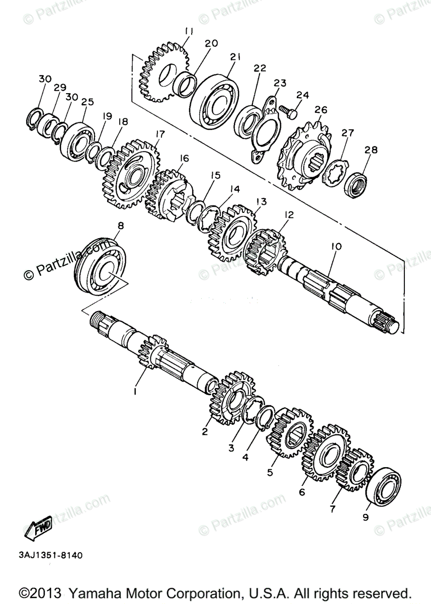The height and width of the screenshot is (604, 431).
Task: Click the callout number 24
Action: [302, 95]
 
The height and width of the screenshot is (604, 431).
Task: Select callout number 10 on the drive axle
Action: [336, 247]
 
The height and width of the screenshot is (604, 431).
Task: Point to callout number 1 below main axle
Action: [135, 390]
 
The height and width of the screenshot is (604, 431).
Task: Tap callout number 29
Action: [60, 88]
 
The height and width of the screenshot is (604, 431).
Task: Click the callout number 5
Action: [270, 473]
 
